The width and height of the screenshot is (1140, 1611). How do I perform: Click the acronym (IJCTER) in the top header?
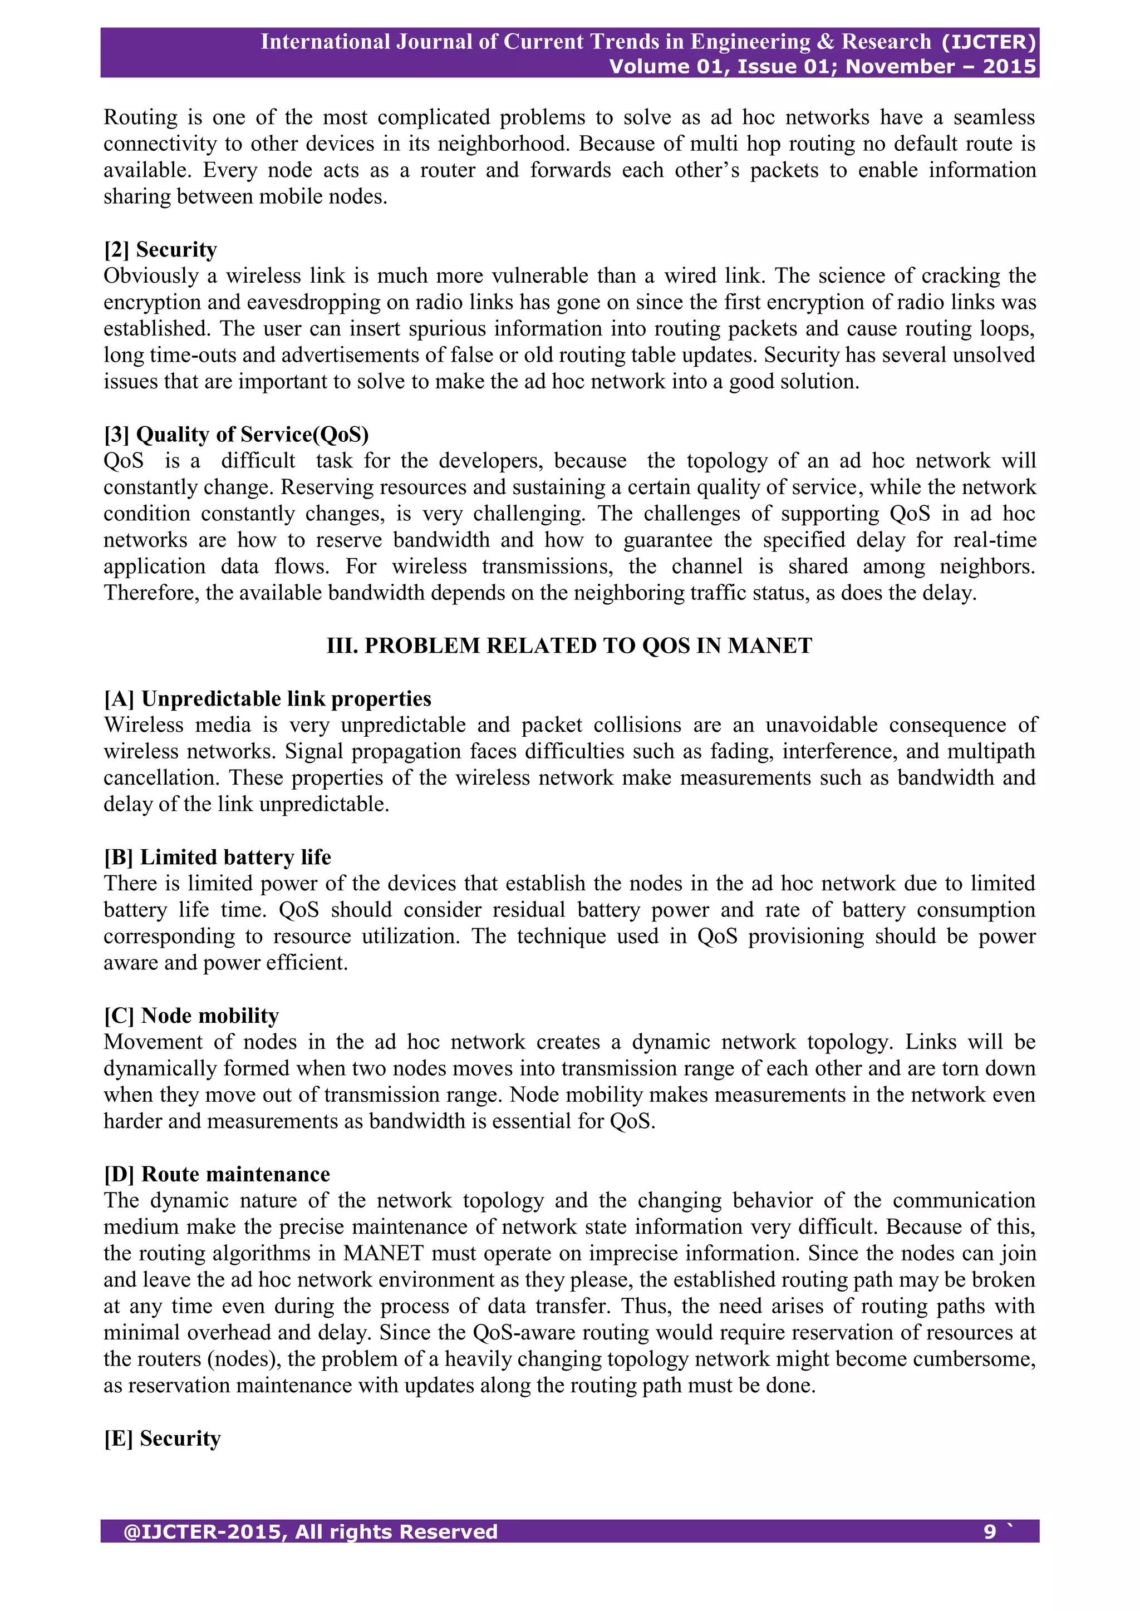[989, 42]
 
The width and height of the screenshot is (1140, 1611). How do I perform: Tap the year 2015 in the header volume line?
[1009, 67]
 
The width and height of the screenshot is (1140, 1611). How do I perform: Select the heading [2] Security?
[160, 250]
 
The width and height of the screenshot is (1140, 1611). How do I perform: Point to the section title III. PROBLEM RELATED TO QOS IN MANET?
[569, 646]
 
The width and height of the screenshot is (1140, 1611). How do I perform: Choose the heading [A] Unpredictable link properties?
[267, 699]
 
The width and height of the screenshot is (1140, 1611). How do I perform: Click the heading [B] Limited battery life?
[217, 858]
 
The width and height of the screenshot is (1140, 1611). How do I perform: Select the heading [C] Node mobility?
[191, 1016]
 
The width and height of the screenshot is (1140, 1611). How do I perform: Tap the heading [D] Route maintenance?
[216, 1175]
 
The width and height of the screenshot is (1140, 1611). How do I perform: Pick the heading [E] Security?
[162, 1438]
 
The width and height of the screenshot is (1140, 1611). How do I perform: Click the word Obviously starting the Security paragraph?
[151, 277]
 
